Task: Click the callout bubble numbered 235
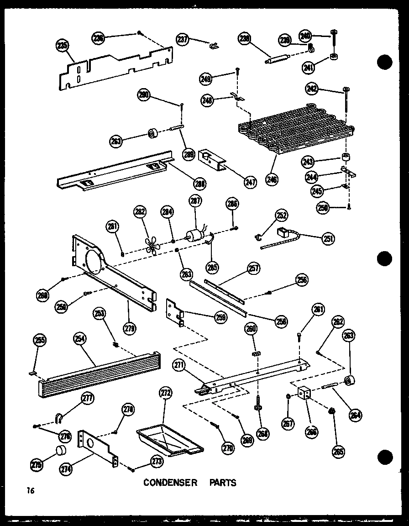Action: coord(62,45)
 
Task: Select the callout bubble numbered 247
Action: coord(249,182)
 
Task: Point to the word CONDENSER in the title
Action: coord(170,483)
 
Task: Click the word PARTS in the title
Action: coord(223,483)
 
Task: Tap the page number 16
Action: coord(30,491)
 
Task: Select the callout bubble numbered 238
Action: coord(244,40)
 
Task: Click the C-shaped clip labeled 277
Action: coord(59,417)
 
